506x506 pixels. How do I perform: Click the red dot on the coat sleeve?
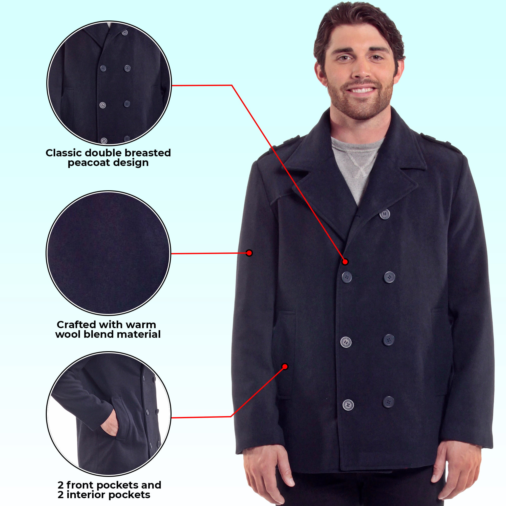coord(249,253)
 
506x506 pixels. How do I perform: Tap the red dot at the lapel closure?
coord(345,262)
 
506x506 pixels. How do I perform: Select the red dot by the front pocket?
coord(285,366)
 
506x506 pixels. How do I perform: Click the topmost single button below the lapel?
coord(385,215)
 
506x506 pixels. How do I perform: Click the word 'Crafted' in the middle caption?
coord(76,325)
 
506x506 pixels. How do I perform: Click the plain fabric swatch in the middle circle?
coord(109,253)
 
